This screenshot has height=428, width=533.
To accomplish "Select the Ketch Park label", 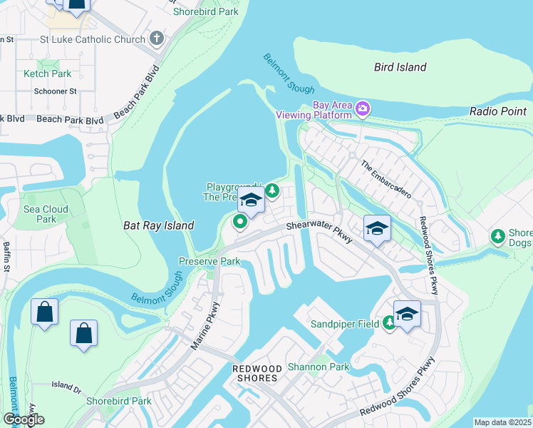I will click(47, 73).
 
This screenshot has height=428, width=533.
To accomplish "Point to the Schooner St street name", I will click(55, 91).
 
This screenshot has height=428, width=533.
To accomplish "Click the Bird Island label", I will click(400, 67).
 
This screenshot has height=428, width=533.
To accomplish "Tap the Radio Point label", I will click(498, 111).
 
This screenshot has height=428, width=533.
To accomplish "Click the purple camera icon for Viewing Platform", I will click(363, 108).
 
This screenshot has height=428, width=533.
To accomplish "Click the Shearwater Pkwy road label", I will click(320, 231).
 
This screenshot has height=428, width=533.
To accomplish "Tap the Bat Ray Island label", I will click(158, 225).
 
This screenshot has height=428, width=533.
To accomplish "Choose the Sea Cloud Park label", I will click(46, 214).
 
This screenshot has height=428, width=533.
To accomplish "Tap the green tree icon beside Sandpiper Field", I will click(389, 323).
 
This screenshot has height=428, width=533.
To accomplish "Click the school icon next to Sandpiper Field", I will click(407, 314).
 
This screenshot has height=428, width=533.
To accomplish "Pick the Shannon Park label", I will click(319, 367).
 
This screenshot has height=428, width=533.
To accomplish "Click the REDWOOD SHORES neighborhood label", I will click(255, 373).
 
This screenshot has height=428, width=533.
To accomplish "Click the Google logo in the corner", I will click(23, 419).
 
